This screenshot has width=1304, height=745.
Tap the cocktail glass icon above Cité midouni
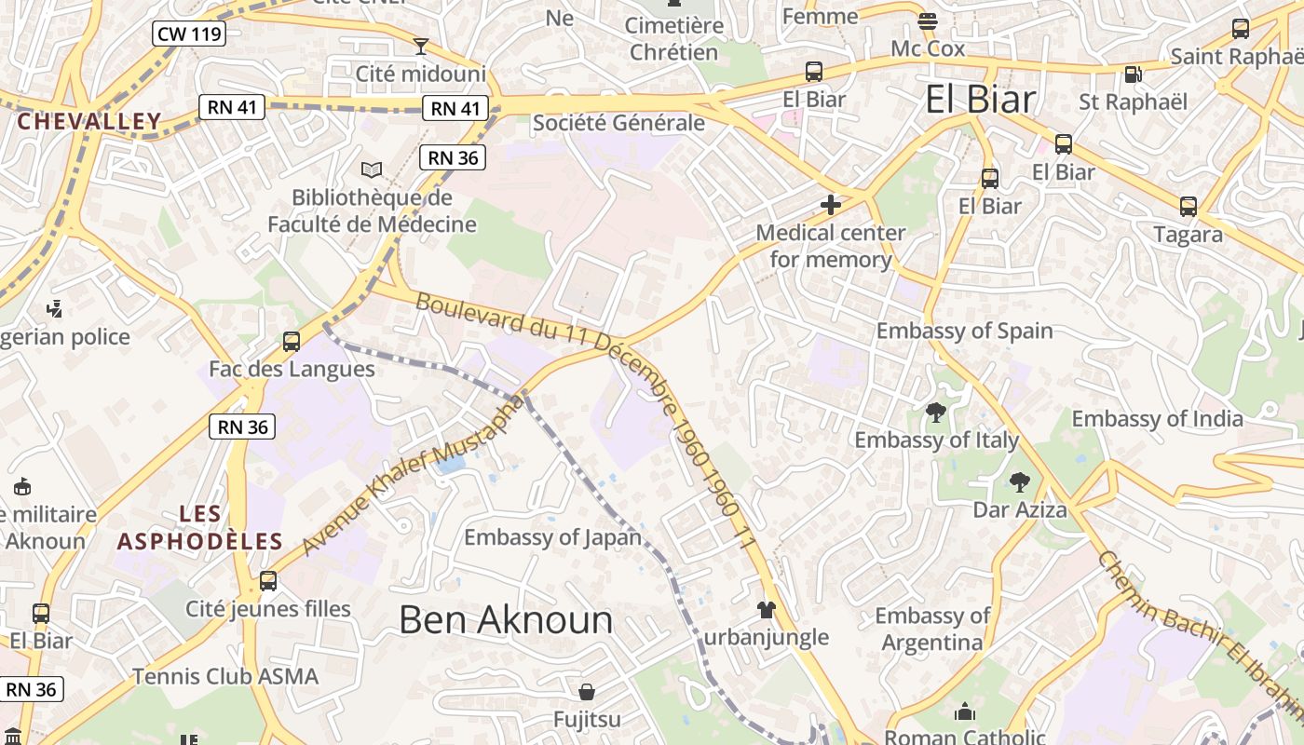click(421, 46)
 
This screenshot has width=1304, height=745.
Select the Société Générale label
click(618, 123)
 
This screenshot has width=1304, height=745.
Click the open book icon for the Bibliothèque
click(372, 169)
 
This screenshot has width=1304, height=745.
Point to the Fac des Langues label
click(292, 369)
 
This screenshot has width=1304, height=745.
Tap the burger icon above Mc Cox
click(928, 20)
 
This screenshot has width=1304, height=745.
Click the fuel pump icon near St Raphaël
click(1133, 74)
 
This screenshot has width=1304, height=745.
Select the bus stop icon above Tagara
click(1189, 207)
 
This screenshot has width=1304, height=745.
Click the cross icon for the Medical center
click(831, 205)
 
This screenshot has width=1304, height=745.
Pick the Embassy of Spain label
click(964, 331)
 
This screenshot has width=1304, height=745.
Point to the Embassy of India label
click(1157, 418)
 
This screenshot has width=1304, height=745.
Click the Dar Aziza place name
click(1020, 509)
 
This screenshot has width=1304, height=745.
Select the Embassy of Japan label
click(553, 537)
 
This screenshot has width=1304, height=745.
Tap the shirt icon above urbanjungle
click(766, 610)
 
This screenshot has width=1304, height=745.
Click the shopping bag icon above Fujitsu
click(587, 692)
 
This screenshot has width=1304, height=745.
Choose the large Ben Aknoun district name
click(506, 620)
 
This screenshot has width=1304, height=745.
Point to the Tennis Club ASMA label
click(225, 676)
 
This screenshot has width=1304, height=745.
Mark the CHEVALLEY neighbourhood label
click(89, 121)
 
